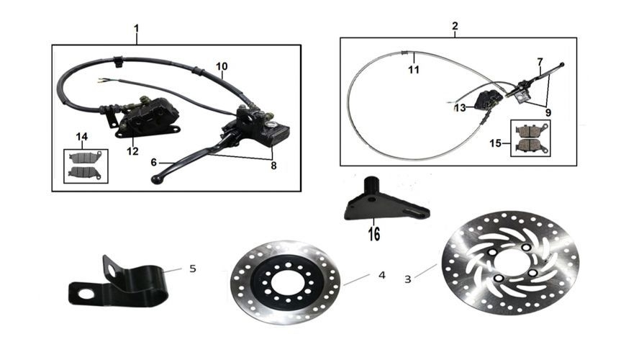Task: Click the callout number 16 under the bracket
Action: pos(374,234)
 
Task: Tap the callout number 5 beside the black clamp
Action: pos(193,269)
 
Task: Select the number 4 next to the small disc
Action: pos(382,275)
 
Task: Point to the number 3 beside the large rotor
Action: pos(407,279)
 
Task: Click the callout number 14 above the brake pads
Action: pos(81,137)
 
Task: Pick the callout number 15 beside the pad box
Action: pos(495,143)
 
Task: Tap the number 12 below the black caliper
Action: pos(132,151)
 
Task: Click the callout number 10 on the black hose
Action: pos(222,66)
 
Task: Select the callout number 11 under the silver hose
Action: pos(414,70)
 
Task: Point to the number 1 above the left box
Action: pos(137,29)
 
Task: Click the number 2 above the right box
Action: pos(455,26)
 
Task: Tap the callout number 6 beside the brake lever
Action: pos(154,162)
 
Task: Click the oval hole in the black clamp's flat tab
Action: pos(86,294)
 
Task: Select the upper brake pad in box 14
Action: pos(86,158)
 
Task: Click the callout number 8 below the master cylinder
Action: pos(273,165)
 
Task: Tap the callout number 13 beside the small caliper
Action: pos(460,107)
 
